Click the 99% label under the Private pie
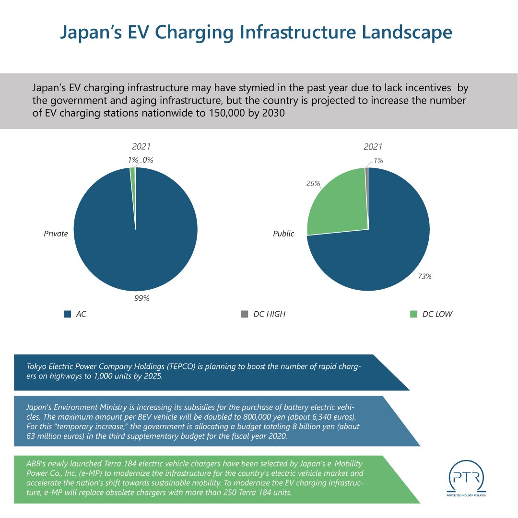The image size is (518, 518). tap(142, 298)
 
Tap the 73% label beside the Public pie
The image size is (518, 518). tap(424, 276)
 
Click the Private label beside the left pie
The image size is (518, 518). tap(56, 234)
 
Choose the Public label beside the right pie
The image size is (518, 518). tap(283, 234)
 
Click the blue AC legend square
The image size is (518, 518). tap(68, 315)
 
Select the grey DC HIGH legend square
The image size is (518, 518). tap(245, 315)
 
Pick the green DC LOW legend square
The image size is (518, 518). tap(413, 315)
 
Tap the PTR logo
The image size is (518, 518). tap(467, 480)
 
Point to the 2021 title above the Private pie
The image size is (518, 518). tap(141, 147)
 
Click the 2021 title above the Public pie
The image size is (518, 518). tap(373, 147)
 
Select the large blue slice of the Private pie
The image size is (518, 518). tap(135, 240)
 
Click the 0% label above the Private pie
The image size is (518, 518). tap(148, 160)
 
